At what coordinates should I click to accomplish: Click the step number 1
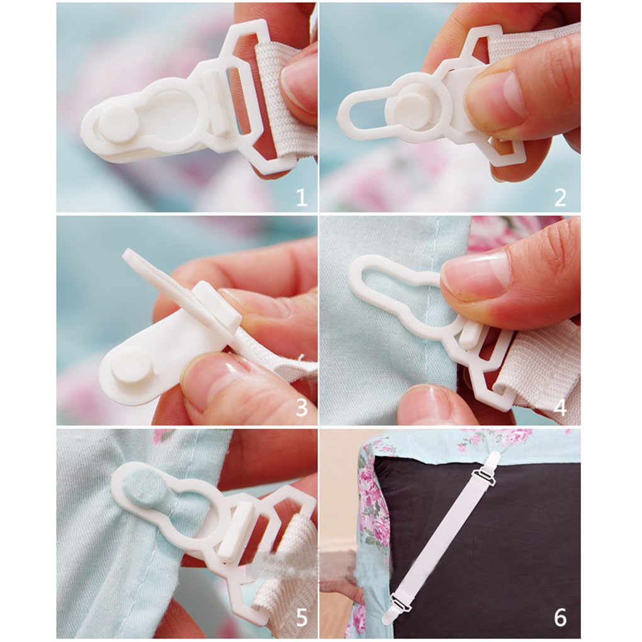pos(301,198)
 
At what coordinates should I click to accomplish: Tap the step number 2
pos(560,198)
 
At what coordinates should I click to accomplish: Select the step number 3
pos(301,407)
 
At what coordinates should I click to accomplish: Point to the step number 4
pos(560,407)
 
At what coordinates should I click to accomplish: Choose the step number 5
pos(301,617)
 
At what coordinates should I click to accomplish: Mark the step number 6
pos(560,617)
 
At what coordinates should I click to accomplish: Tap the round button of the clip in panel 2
pos(414,111)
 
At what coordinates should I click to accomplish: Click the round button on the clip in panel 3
pos(132,366)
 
